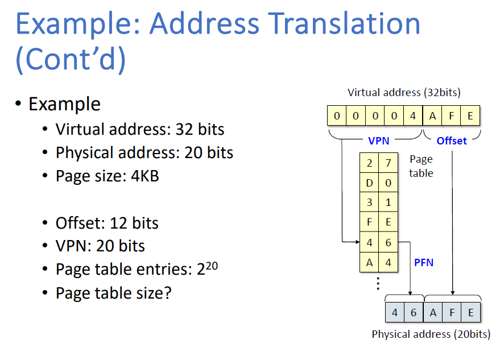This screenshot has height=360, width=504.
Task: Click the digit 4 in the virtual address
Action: pyautogui.click(x=413, y=116)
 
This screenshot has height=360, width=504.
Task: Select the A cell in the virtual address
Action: pyautogui.click(x=432, y=116)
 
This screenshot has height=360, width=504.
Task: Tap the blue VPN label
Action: pyautogui.click(x=379, y=140)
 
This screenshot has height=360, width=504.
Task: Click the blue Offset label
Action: pyautogui.click(x=451, y=140)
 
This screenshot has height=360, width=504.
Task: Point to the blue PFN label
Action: pyautogui.click(x=423, y=262)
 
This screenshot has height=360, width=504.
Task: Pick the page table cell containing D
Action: pyautogui.click(x=370, y=183)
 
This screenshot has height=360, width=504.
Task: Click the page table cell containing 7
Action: pyautogui.click(x=388, y=163)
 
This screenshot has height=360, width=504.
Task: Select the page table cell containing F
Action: pyautogui.click(x=370, y=222)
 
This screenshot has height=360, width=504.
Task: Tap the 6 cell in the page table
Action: pyautogui.click(x=388, y=242)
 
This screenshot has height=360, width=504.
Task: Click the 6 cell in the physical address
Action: pyautogui.click(x=414, y=312)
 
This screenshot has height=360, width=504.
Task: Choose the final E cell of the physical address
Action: pyautogui.click(x=471, y=312)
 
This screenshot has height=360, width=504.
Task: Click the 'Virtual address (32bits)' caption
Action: pyautogui.click(x=404, y=92)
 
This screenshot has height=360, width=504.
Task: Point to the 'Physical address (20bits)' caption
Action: pyautogui.click(x=431, y=334)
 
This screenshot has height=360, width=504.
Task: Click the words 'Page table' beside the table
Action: pyautogui.click(x=421, y=166)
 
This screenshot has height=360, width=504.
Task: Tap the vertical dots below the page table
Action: pyautogui.click(x=378, y=283)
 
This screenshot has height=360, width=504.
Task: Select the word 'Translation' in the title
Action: pyautogui.click(x=345, y=24)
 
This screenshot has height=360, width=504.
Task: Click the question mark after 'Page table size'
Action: pyautogui.click(x=167, y=293)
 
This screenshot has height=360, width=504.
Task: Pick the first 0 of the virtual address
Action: pyautogui.click(x=337, y=116)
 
